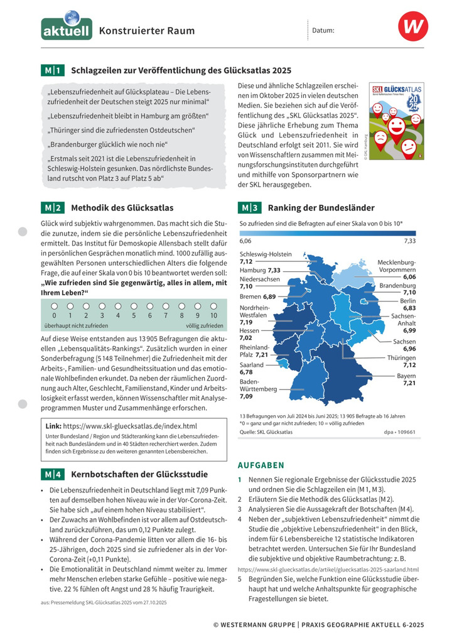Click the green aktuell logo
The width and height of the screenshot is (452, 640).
tap(67, 28)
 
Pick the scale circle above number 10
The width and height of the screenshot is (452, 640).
tap(213, 306)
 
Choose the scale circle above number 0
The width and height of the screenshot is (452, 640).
tap(54, 306)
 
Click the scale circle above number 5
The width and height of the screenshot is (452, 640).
tap(134, 306)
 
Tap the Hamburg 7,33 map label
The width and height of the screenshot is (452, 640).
tap(260, 270)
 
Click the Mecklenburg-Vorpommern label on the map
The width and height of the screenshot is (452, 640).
tap(396, 269)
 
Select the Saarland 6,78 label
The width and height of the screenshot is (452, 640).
tap(251, 368)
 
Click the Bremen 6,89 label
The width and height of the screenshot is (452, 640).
tap(257, 296)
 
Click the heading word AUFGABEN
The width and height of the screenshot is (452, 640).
tap(261, 465)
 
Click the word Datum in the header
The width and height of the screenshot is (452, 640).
tap(323, 30)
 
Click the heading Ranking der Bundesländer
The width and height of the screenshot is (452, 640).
tap(321, 208)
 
